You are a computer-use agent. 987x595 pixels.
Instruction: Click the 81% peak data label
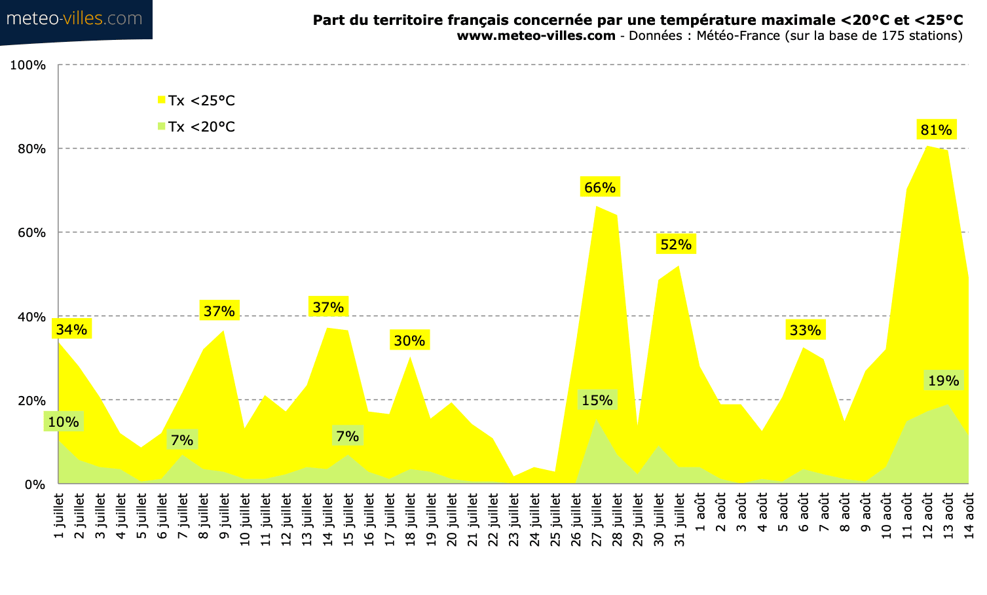[x=936, y=130]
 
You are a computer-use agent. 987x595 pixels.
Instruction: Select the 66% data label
[x=599, y=187]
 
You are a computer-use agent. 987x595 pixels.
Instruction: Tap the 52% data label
[x=675, y=244]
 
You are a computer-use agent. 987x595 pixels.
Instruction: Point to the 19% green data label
[x=943, y=380]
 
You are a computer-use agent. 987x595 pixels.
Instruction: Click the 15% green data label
[x=597, y=400]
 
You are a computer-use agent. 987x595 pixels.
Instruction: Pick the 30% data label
[x=409, y=340]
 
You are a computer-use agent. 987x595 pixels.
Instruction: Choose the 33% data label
[x=805, y=330]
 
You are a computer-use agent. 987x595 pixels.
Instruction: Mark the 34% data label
[x=71, y=329]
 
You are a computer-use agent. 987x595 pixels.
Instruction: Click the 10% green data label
[x=64, y=422]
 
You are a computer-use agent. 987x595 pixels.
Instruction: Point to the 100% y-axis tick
[x=28, y=65]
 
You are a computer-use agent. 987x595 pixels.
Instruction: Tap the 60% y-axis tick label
[x=31, y=233]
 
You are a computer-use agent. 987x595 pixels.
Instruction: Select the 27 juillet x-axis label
[x=597, y=520]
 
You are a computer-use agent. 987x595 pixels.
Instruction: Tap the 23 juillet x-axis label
[x=514, y=520]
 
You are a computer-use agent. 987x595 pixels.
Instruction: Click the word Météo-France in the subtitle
[x=737, y=35]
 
